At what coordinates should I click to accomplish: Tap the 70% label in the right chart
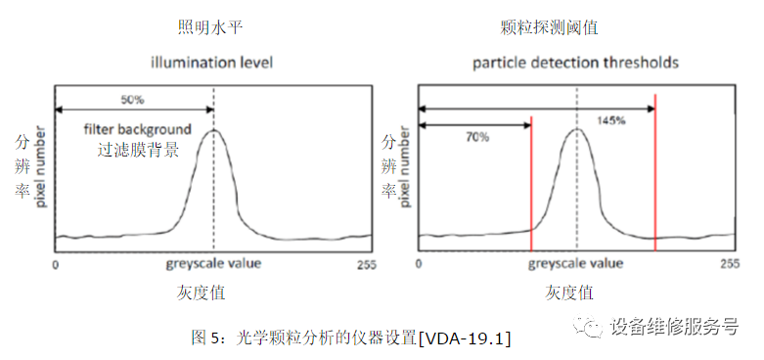(x=476, y=137)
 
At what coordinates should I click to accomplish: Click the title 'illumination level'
(x=210, y=63)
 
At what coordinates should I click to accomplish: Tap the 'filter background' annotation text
(x=136, y=130)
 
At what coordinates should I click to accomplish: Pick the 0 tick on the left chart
(x=56, y=265)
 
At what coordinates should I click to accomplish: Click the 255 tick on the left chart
(x=365, y=265)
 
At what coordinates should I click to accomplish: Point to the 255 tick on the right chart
(x=729, y=264)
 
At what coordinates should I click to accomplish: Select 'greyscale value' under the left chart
(x=213, y=264)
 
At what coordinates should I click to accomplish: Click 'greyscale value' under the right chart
(x=575, y=263)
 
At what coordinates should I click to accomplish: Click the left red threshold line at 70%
(x=530, y=186)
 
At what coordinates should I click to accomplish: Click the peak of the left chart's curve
(x=213, y=130)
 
